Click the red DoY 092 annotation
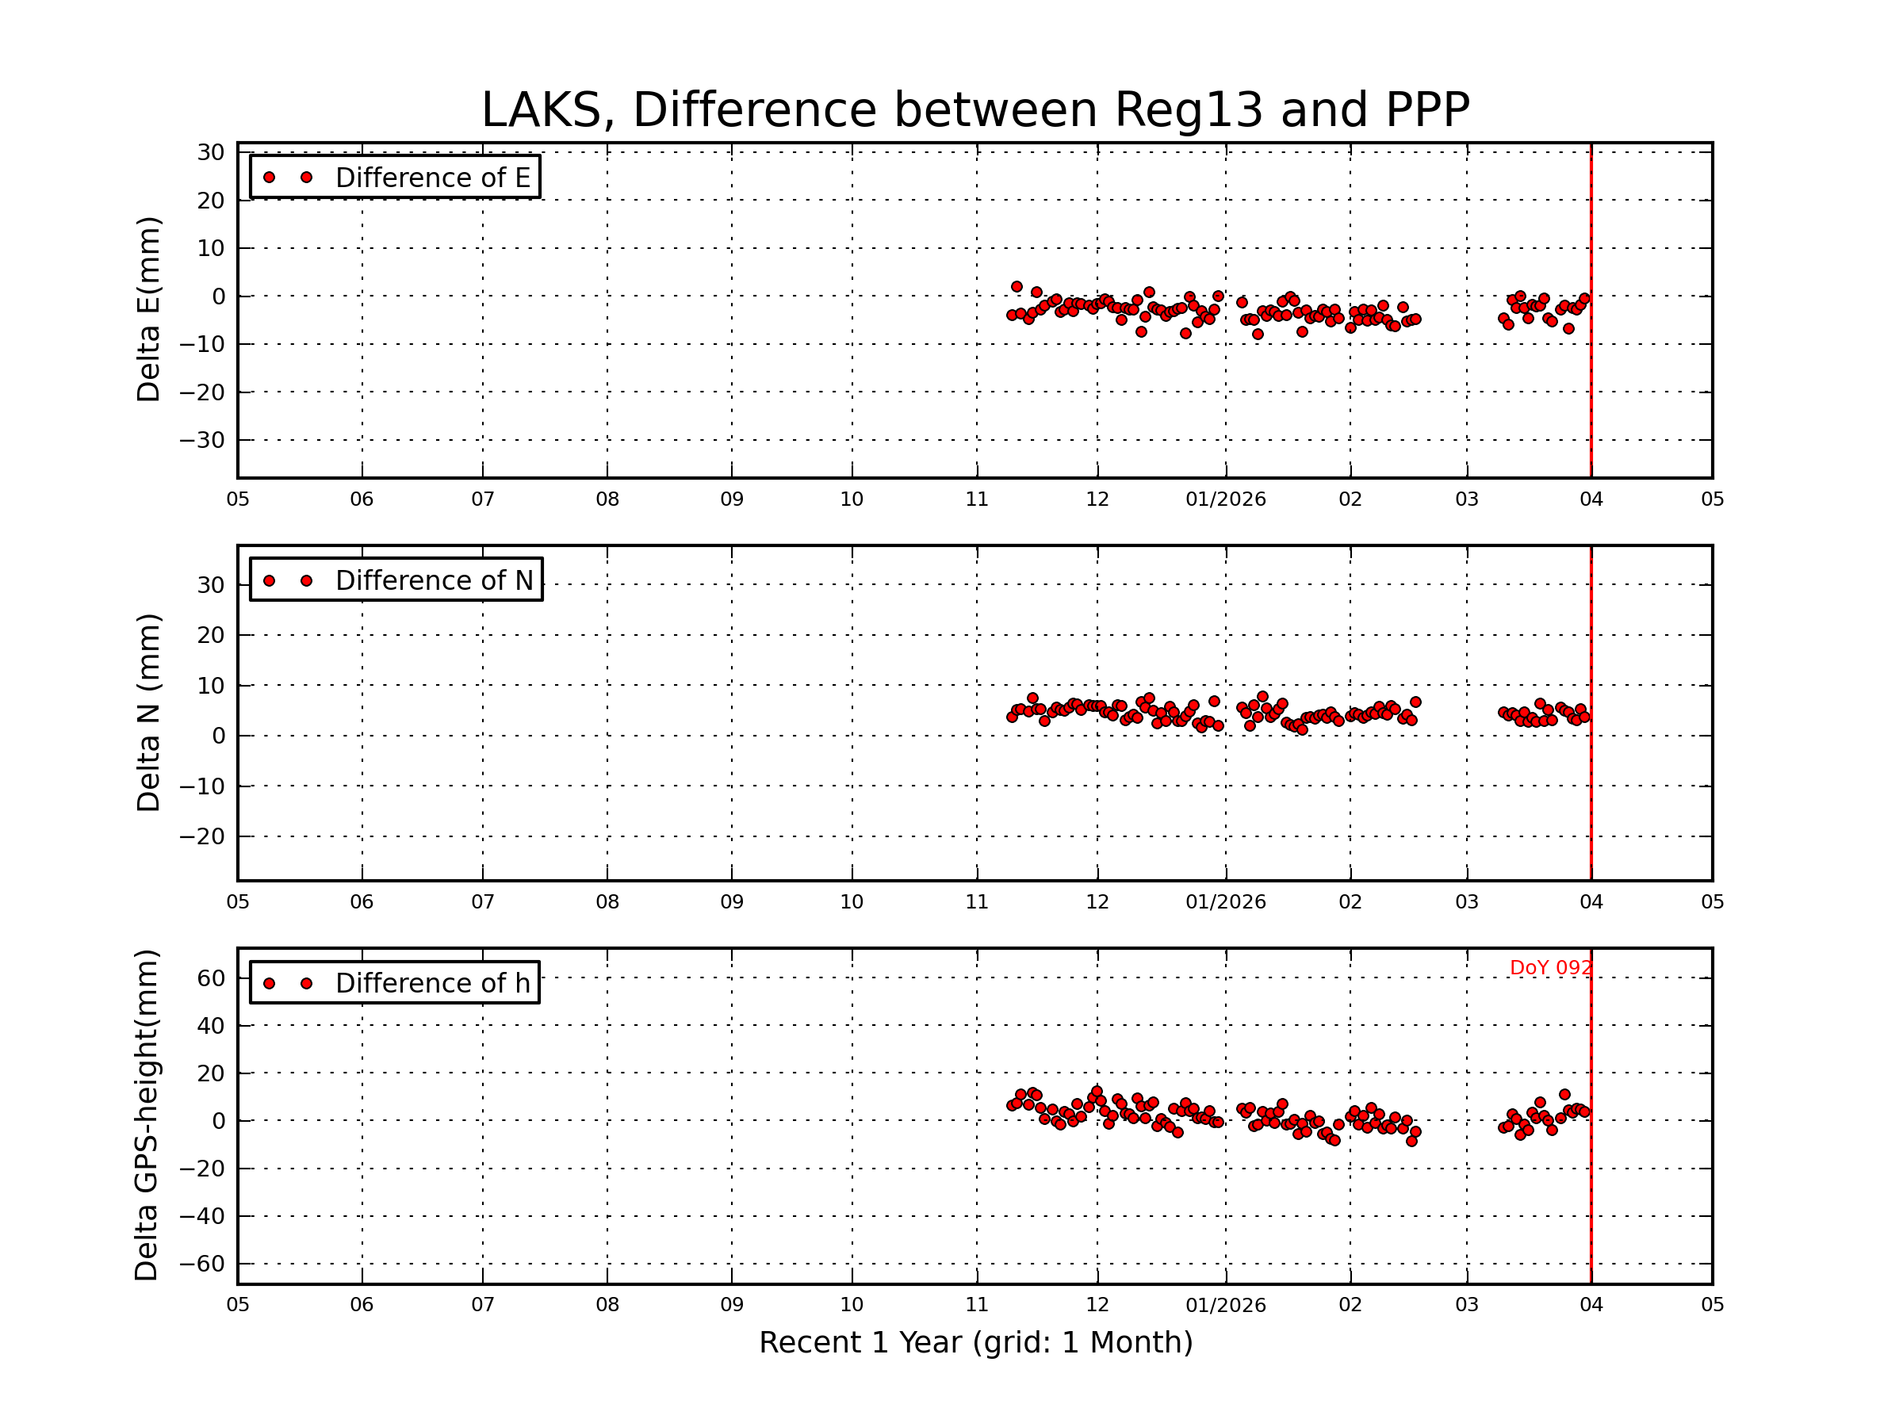pos(1550,968)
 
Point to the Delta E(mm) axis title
pos(149,310)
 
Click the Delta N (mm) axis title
pos(149,712)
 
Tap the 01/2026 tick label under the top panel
pos(1225,499)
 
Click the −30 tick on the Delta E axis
pos(202,441)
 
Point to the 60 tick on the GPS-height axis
pos(212,978)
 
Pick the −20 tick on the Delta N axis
pos(202,836)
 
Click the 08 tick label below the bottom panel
pos(607,1305)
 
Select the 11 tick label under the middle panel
pos(976,902)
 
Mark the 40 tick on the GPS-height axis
pos(212,1025)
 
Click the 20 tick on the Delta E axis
pos(212,201)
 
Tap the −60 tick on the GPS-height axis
pos(202,1264)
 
